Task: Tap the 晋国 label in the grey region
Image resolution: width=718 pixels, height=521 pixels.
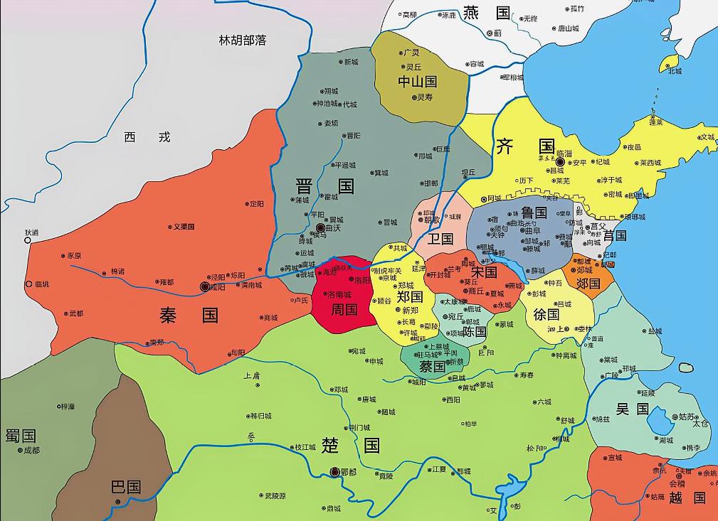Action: point(324,186)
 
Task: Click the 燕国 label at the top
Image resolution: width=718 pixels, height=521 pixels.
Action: point(487,13)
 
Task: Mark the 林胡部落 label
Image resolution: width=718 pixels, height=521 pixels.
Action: point(243,41)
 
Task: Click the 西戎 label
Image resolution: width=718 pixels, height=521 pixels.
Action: point(147,137)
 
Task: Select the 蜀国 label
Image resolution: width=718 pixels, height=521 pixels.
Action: point(21,436)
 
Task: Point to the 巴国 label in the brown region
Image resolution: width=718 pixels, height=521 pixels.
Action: point(126,487)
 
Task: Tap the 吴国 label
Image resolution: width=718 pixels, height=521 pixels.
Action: point(632,409)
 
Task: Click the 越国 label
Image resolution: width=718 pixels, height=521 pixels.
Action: point(687,498)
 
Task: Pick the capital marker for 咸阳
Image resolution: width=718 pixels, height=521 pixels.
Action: point(205,286)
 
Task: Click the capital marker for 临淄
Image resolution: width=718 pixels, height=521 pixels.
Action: point(560,162)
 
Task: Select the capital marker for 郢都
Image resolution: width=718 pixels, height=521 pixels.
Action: point(335,471)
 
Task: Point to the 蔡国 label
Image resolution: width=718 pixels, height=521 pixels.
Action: point(432,367)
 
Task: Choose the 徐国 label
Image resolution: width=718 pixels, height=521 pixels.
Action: point(547,313)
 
